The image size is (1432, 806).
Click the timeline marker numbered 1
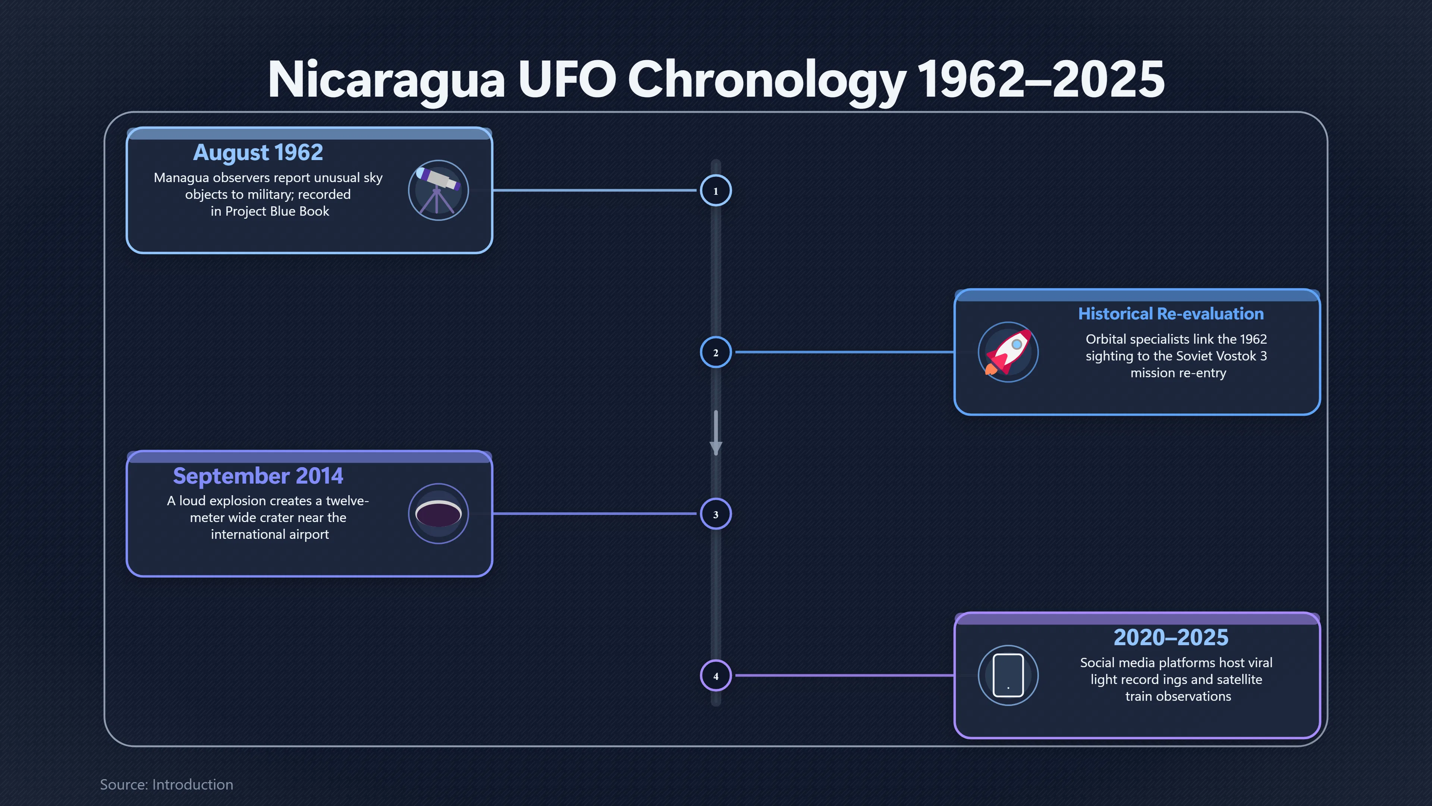pos(716,190)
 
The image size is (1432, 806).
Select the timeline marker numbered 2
pos(716,352)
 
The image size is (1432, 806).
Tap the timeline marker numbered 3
pos(716,514)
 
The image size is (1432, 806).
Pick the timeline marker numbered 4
pos(716,676)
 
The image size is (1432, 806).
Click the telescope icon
pos(438,190)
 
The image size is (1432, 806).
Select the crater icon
pos(438,513)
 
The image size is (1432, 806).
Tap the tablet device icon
pos(1008,675)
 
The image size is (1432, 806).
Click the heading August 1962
pos(258,152)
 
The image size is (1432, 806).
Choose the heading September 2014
pos(258,476)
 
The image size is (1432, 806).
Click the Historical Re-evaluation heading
pos(1171,314)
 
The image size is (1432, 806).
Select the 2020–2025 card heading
pos(1171,637)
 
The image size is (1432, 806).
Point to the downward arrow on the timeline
pos(716,433)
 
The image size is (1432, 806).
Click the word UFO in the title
pos(567,79)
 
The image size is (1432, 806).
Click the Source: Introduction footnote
pos(167,784)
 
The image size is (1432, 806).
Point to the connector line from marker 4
pos(845,676)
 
